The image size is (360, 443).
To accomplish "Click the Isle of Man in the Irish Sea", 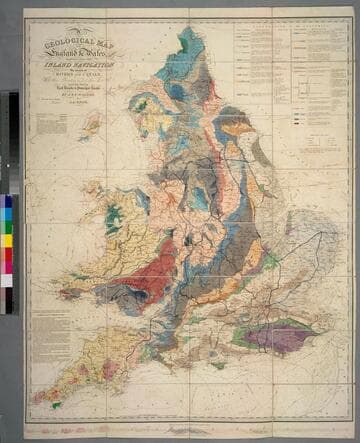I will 93,125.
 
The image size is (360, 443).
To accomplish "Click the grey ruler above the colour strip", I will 10,140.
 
